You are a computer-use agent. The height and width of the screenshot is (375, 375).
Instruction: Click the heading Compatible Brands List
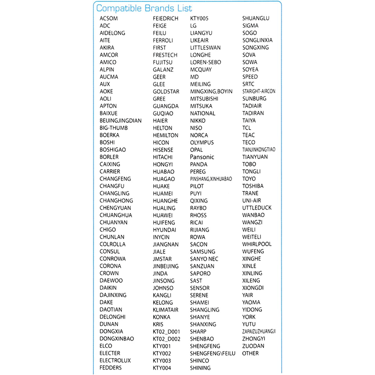click(144, 8)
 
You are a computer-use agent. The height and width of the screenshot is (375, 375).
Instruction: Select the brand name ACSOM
click(109, 19)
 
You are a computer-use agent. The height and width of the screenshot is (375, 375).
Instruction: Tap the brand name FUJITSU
click(163, 62)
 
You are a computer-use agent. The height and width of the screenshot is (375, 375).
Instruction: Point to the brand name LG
click(194, 26)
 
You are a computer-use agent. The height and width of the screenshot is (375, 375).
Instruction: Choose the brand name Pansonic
click(202, 157)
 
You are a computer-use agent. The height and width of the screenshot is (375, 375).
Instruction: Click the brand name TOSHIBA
click(253, 186)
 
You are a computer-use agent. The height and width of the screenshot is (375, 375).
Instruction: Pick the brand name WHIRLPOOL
click(257, 244)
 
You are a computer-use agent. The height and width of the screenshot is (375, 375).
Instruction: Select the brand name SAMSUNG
click(203, 252)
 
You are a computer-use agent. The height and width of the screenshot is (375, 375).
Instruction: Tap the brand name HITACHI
click(163, 157)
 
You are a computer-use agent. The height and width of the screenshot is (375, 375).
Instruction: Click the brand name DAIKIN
click(108, 288)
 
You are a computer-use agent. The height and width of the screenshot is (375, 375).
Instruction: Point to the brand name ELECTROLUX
click(115, 360)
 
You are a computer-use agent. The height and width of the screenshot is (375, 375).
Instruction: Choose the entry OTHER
click(250, 353)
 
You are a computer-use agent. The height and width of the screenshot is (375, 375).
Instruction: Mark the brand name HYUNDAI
click(165, 230)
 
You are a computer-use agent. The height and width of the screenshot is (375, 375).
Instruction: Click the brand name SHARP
click(198, 331)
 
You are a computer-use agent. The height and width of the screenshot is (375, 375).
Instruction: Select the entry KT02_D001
click(167, 331)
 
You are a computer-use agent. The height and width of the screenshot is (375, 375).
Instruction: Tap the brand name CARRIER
click(110, 172)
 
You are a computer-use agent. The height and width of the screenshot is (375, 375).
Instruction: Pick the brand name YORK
click(249, 317)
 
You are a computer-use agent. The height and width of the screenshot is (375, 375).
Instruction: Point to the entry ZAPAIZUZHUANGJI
click(259, 331)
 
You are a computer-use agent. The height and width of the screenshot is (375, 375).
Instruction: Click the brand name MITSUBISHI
click(204, 98)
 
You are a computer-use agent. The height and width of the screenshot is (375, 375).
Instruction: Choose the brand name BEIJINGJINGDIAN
click(120, 120)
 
